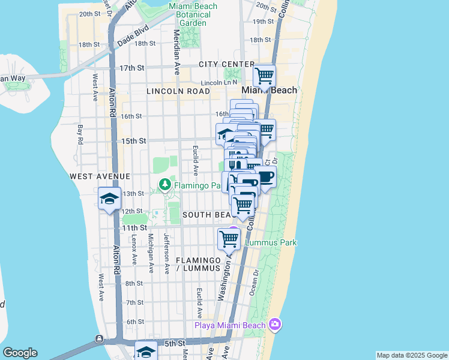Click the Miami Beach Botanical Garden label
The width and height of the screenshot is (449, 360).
(190, 14)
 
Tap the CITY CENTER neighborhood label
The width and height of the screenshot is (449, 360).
(227, 64)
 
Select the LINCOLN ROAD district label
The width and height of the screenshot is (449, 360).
(178, 91)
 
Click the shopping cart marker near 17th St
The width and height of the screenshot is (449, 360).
(264, 76)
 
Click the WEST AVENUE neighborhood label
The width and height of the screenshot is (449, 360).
(100, 176)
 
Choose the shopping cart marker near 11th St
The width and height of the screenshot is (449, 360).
(229, 238)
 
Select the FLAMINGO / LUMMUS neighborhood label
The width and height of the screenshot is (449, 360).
(199, 264)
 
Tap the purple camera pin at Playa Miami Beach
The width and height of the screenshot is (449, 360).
(274, 324)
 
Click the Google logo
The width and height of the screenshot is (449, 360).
(20, 353)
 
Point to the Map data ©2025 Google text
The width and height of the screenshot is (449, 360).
(412, 355)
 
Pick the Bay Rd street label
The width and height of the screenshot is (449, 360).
(79, 134)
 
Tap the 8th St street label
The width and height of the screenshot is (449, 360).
(134, 283)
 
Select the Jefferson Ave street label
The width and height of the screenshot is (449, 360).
(167, 253)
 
